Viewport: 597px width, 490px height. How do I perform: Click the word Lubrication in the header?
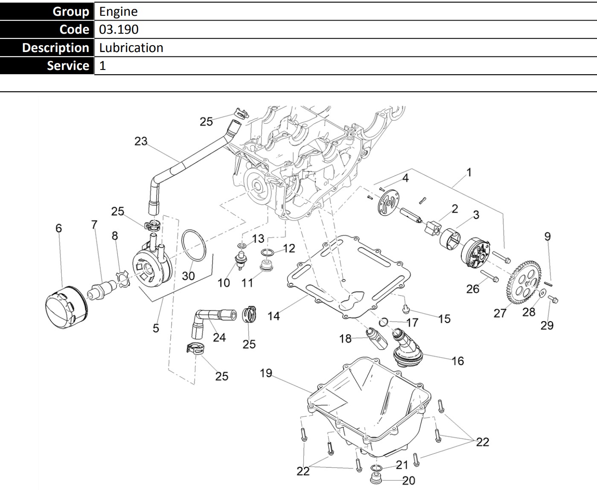click(x=131, y=48)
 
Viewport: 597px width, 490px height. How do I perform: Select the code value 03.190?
click(x=119, y=29)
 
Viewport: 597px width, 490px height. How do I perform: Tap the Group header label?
click(x=70, y=12)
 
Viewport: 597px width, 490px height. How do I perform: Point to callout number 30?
click(x=188, y=276)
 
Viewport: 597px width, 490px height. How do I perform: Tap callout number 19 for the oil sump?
click(x=266, y=373)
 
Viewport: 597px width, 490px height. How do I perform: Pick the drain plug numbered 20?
click(x=376, y=479)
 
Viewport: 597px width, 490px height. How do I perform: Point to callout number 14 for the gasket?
click(x=274, y=316)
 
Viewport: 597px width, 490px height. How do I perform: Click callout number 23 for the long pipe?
click(x=141, y=141)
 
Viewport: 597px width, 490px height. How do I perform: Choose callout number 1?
click(x=469, y=172)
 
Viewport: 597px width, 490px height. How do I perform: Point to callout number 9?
click(x=547, y=236)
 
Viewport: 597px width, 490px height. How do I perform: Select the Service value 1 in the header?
click(x=102, y=66)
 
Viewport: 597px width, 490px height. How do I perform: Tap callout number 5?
click(x=156, y=328)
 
